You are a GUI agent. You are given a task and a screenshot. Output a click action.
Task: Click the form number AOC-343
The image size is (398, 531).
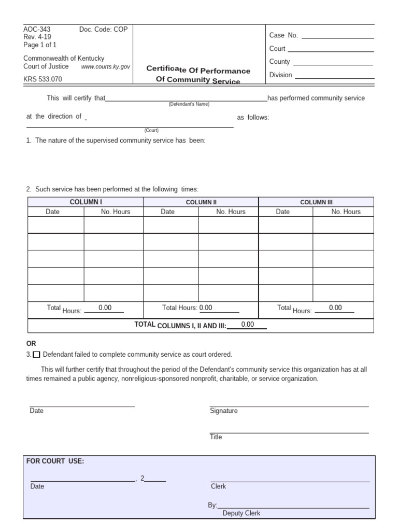37,30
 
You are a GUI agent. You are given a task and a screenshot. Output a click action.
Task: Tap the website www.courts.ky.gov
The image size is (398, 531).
105,67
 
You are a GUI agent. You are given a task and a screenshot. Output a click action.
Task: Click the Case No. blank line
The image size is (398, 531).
337,35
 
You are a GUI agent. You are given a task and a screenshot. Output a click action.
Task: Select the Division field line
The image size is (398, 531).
334,75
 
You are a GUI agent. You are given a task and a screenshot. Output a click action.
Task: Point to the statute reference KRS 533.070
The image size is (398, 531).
42,79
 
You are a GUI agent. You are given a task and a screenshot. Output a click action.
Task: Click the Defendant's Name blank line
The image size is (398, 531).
186,99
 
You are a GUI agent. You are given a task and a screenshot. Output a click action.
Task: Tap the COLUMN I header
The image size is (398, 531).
86,202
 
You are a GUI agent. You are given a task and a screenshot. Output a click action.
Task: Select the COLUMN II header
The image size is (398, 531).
201,202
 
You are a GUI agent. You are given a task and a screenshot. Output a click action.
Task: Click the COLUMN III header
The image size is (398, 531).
316,202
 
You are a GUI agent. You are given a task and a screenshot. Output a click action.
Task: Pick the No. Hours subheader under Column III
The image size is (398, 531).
346,212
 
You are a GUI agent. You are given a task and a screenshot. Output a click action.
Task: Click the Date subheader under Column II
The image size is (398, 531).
167,212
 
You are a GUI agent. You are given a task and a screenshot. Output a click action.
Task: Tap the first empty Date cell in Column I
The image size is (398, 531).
55,225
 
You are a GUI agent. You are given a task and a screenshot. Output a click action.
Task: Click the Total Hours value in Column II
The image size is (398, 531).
206,308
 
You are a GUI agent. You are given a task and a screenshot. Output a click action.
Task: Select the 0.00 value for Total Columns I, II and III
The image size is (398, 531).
248,325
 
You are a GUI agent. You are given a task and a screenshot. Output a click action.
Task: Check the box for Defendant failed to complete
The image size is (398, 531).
36,355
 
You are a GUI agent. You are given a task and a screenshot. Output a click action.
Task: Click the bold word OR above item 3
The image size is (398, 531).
31,344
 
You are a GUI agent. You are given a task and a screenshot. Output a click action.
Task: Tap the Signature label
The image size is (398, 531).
223,411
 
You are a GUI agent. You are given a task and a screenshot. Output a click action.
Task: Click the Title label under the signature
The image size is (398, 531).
216,437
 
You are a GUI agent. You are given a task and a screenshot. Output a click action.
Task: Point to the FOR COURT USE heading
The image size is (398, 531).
55,461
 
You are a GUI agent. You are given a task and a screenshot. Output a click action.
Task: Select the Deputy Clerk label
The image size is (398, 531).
241,513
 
